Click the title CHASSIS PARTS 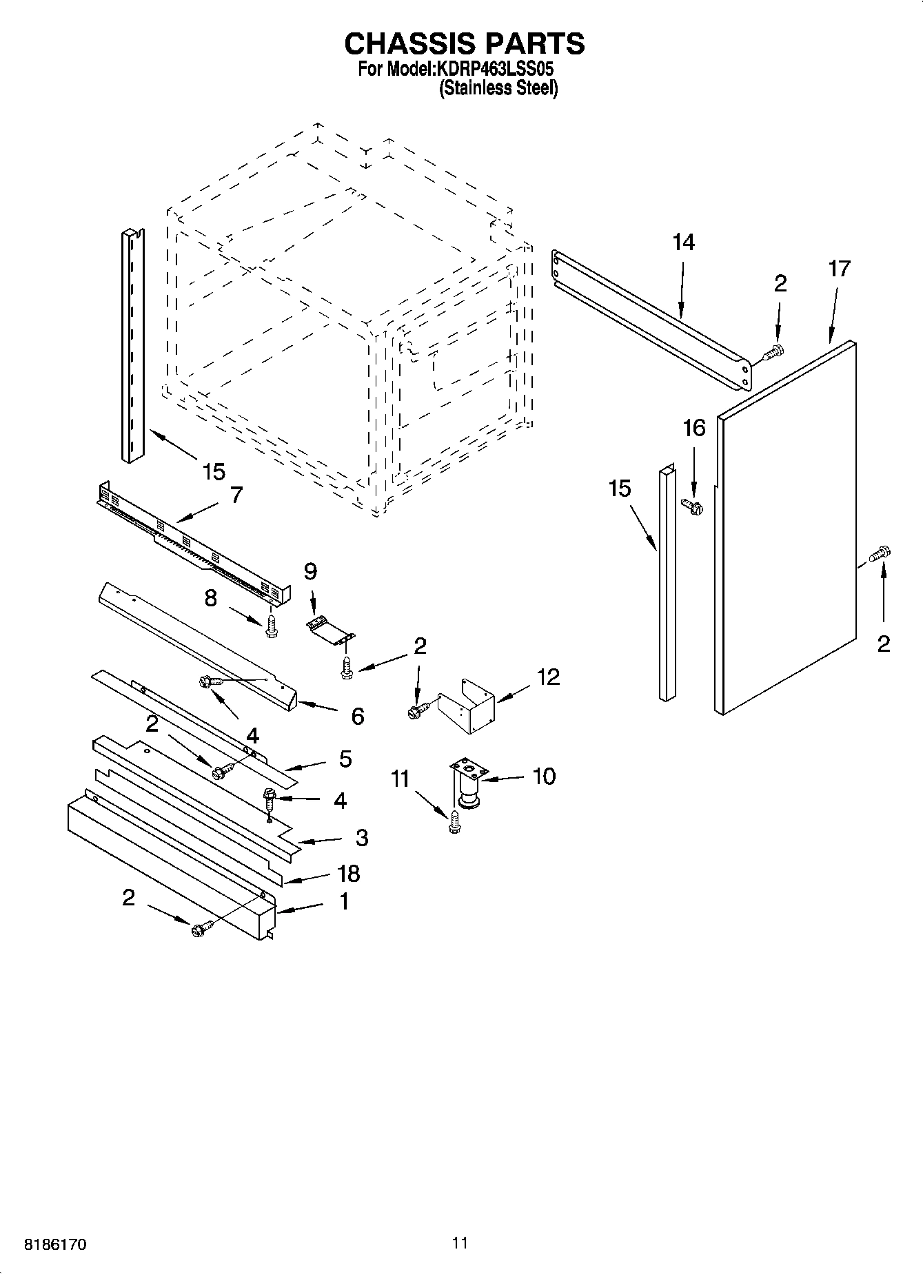tap(464, 43)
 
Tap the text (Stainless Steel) tap(498, 88)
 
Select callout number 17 tap(839, 269)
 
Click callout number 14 tap(683, 243)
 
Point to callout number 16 tap(693, 429)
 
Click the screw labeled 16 tap(691, 507)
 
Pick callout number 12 tap(549, 677)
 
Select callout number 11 tap(400, 779)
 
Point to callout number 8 tap(211, 598)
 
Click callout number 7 tap(236, 495)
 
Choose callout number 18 tap(349, 873)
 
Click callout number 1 tap(343, 901)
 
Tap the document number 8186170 tap(55, 1245)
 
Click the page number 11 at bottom tap(460, 1242)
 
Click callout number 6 tap(357, 717)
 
